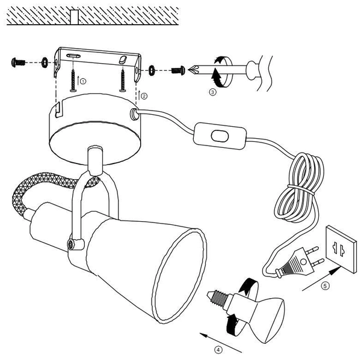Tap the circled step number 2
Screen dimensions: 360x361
click(143, 95)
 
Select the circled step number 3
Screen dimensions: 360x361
click(211, 93)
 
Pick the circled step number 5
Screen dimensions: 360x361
click(325, 285)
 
